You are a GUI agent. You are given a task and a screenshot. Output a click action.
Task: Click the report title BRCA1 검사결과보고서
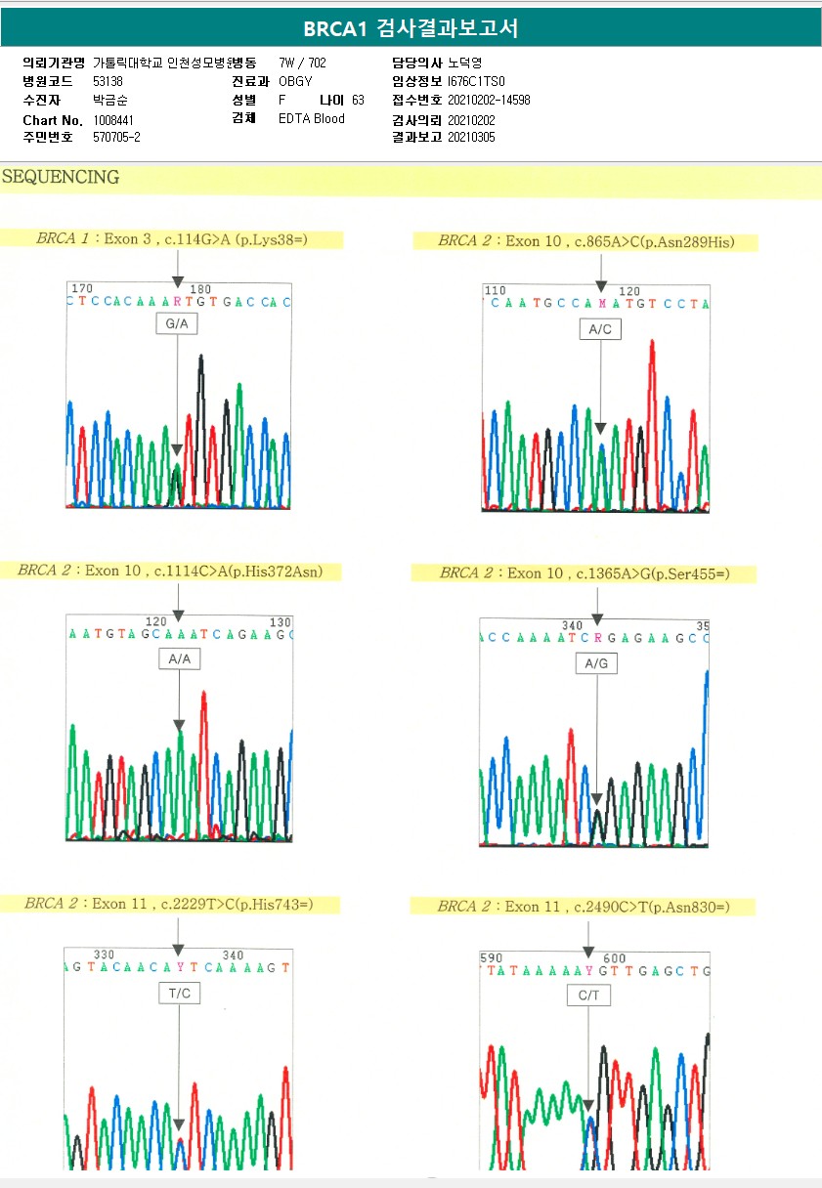click(411, 29)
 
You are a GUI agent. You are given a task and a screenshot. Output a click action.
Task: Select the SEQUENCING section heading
click(61, 178)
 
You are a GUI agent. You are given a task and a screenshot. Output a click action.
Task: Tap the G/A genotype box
click(177, 322)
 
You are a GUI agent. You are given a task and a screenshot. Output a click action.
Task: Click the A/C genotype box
click(599, 329)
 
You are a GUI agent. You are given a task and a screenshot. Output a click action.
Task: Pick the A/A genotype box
click(179, 659)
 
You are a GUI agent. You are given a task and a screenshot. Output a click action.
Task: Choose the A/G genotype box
click(596, 664)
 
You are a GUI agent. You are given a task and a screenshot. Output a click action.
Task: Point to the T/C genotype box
click(179, 994)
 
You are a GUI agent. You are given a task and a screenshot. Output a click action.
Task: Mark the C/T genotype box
click(588, 996)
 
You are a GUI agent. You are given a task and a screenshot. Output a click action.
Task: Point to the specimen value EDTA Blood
click(312, 119)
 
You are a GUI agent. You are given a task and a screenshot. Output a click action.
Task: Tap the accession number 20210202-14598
click(489, 100)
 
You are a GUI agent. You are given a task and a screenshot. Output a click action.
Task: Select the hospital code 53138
click(108, 81)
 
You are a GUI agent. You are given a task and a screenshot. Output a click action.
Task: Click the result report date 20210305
click(471, 138)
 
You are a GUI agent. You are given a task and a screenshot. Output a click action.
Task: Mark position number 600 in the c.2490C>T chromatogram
click(615, 958)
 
